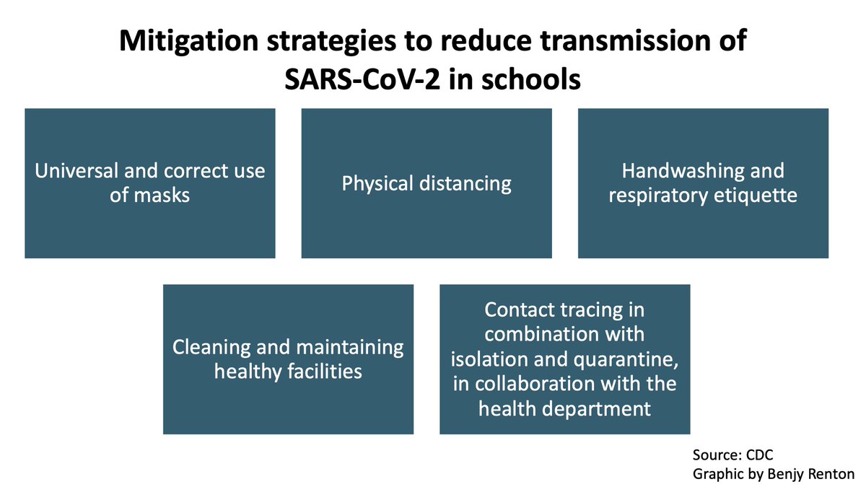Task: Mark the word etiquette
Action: click(757, 196)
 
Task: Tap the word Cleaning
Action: click(214, 348)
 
